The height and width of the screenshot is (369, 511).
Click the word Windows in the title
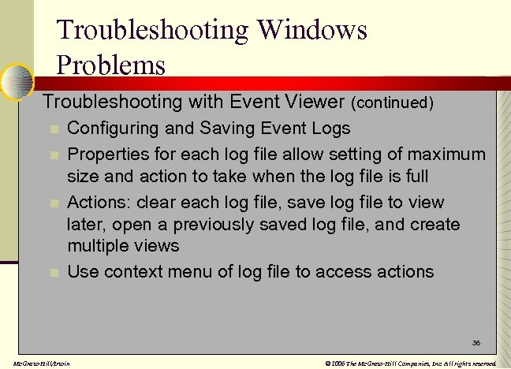pos(311,30)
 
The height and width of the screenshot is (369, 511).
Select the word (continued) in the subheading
pos(393,102)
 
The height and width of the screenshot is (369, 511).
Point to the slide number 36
pos(476,344)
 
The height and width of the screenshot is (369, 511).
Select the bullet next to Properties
pos(54,154)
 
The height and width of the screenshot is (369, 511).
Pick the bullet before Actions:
pos(54,203)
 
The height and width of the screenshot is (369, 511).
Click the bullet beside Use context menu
pos(54,273)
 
